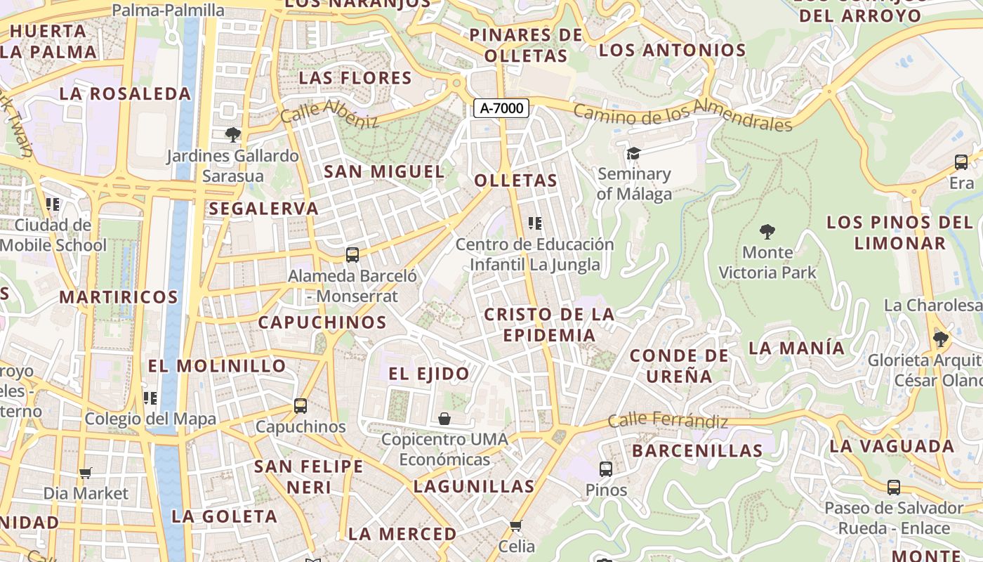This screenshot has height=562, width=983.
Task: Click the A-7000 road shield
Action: (x=501, y=108)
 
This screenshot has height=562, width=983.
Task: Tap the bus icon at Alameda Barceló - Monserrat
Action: (x=352, y=255)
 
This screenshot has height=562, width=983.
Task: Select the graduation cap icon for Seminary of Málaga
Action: (x=634, y=153)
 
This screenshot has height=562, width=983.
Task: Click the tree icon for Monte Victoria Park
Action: (x=767, y=231)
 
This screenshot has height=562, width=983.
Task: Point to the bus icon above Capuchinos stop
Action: (x=301, y=405)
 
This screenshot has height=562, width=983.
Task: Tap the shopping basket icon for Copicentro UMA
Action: (x=444, y=419)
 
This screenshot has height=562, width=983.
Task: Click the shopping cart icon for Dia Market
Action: (x=86, y=473)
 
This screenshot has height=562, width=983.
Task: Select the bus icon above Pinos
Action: (x=606, y=469)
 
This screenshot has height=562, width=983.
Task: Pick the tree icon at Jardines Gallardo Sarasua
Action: (x=232, y=134)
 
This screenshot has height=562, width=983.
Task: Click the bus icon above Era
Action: (x=961, y=162)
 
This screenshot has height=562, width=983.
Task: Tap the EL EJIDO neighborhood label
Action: (x=429, y=374)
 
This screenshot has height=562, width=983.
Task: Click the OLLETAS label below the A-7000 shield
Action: (x=516, y=181)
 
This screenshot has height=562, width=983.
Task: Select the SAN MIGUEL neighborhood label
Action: (x=384, y=171)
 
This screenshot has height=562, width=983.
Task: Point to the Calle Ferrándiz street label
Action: (x=668, y=420)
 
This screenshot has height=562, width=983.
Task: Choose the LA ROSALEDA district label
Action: (x=125, y=93)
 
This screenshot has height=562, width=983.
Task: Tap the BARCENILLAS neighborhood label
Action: (x=697, y=450)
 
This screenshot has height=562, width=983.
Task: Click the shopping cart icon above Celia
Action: (x=516, y=525)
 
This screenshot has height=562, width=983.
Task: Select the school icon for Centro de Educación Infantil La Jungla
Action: (x=535, y=223)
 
